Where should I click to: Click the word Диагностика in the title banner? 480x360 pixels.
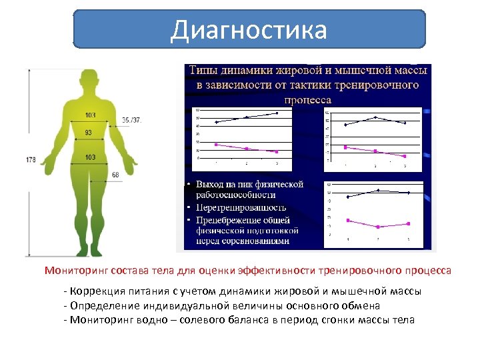pos(249,30)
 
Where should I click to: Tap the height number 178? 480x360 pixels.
pos(31,160)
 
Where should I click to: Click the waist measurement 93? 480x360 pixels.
pos(89,133)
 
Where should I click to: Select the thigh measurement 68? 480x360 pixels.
pos(115,175)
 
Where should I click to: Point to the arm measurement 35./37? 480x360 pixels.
pos(131,120)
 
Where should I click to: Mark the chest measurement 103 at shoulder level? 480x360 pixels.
pos(90,115)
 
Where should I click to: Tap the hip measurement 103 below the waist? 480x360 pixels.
pos(90,157)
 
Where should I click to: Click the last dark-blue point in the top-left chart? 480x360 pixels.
pos(277,113)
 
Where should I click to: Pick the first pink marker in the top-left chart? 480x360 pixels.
pos(216,144)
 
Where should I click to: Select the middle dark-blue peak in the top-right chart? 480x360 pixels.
pos(375,117)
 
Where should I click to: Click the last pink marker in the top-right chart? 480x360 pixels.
pos(405,156)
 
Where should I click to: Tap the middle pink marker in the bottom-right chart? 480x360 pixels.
pos(378,227)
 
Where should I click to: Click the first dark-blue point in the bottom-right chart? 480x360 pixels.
pos(348,197)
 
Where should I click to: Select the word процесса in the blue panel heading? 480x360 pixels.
pos(307,99)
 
